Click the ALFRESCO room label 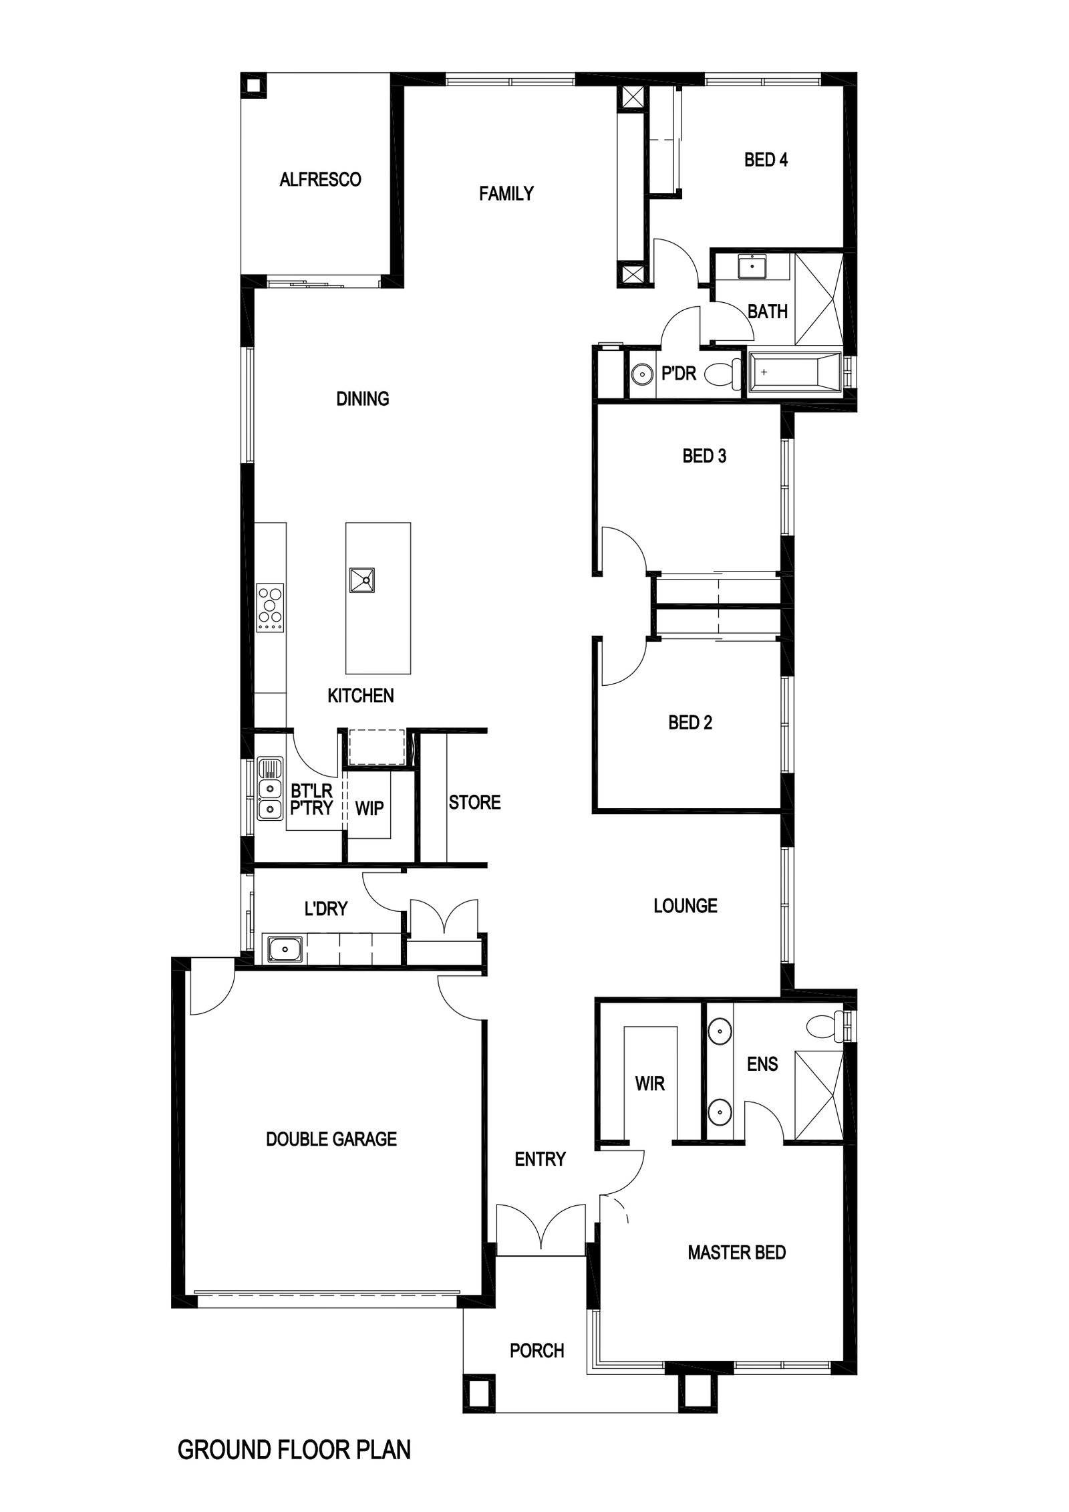coord(320,179)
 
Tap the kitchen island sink coord(361,580)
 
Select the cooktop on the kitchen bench coord(270,608)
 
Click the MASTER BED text coord(737,1253)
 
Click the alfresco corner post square coord(254,85)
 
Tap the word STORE coord(474,802)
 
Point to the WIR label coord(650,1084)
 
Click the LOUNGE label coord(685,906)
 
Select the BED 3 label coord(704,456)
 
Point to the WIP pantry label coord(369,808)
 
